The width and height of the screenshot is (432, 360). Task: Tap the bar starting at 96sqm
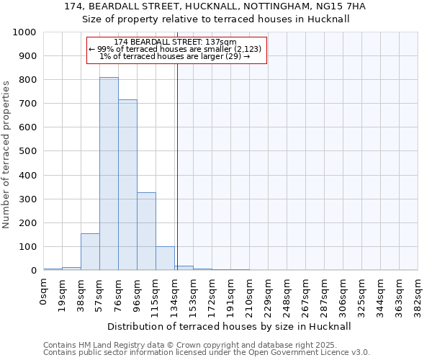click(146, 231)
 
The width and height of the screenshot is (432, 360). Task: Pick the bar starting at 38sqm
click(90, 252)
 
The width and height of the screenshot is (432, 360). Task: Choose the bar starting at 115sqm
click(165, 258)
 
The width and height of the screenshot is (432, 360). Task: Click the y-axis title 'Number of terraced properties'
click(6, 154)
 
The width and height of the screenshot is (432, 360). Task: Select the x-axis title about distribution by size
click(230, 326)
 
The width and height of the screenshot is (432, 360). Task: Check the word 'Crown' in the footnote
click(172, 346)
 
